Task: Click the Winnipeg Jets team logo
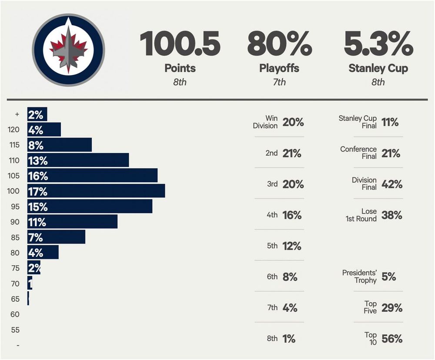tap(68, 50)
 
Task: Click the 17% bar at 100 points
tap(96, 191)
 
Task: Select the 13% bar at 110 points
tap(78, 160)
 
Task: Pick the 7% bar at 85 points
tap(57, 237)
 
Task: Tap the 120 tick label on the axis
tap(14, 130)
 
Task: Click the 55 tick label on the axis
tap(15, 330)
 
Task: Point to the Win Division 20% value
tap(293, 123)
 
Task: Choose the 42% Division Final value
tap(392, 184)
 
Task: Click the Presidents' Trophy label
tap(359, 277)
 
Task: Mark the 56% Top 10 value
tap(392, 339)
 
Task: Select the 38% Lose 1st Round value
tap(392, 215)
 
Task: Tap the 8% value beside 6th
tap(290, 277)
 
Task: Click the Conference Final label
tap(358, 153)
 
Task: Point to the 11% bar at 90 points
tap(73, 222)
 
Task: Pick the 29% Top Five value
tap(392, 308)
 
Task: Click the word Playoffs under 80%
tap(279, 68)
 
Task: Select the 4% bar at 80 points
tap(43, 252)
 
